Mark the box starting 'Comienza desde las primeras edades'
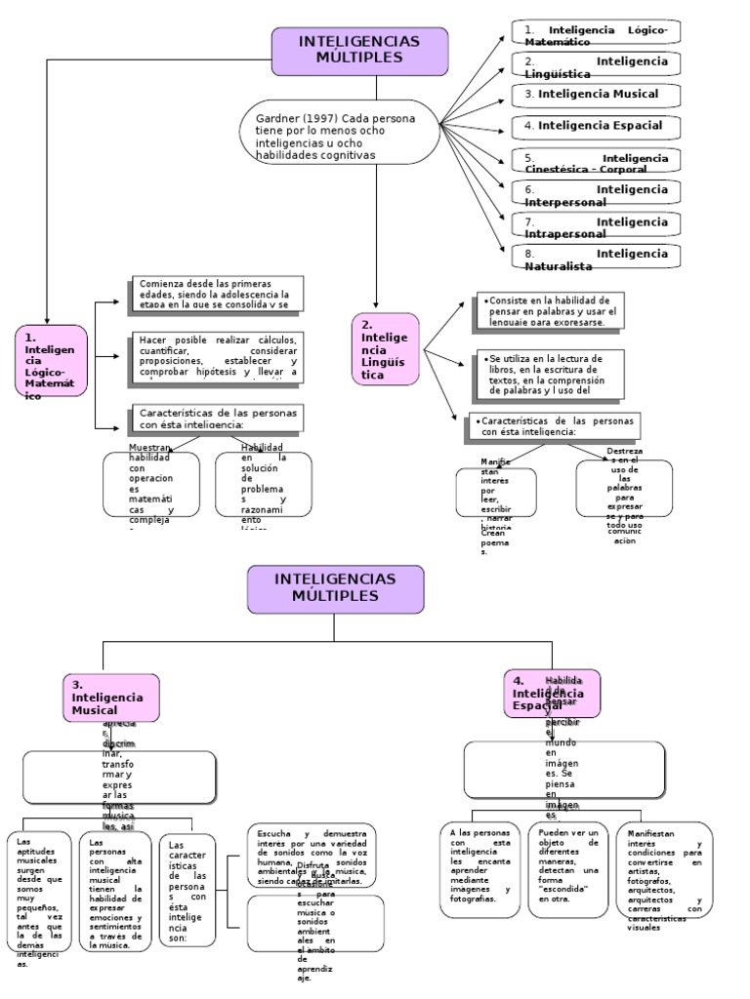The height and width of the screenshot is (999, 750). tap(216, 293)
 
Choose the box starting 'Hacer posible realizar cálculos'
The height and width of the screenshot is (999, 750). tap(216, 355)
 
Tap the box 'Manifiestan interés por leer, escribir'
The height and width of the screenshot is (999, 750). tap(496, 492)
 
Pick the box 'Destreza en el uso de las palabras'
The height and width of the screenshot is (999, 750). tap(624, 488)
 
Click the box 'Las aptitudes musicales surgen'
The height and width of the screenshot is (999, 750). tap(39, 891)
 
